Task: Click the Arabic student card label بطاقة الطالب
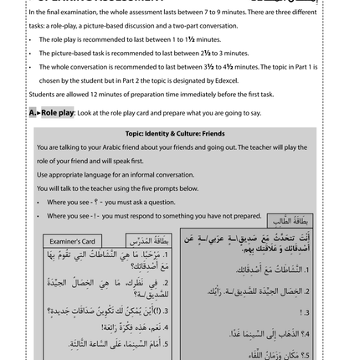290,221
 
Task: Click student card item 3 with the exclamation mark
306,311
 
